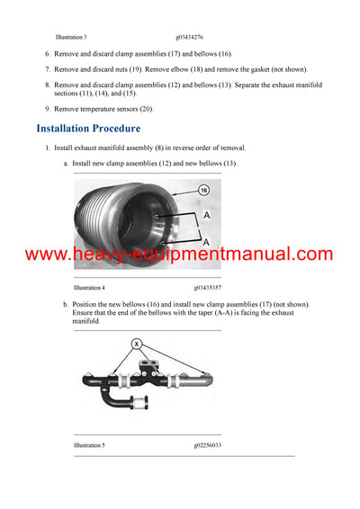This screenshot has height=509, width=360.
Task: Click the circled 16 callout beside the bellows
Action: click(202, 191)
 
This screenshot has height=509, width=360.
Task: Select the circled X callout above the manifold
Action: click(136, 344)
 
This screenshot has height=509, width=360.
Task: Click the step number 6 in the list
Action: click(47, 55)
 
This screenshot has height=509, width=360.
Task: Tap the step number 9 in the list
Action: click(47, 108)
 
